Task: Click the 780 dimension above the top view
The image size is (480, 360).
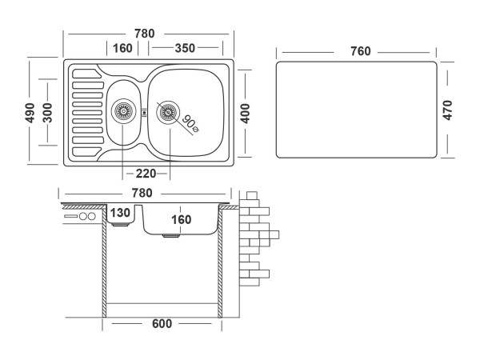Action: (144, 34)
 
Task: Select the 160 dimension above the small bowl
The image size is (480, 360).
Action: (122, 48)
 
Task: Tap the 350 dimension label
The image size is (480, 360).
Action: (185, 48)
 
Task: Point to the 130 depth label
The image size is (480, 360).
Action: (119, 213)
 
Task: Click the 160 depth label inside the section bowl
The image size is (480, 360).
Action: (182, 219)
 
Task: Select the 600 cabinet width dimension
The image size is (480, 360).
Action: (162, 324)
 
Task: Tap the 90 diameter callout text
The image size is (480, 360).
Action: (190, 122)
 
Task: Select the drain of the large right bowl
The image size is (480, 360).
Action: (167, 111)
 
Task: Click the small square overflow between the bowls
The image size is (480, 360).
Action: (144, 112)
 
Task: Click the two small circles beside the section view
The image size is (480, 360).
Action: (87, 217)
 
